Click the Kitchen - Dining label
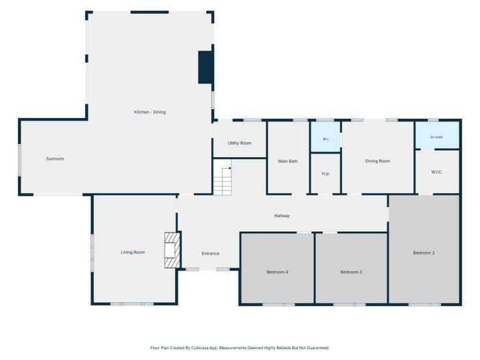tap(150, 112)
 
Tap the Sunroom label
tap(55, 158)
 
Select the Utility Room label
tap(240, 143)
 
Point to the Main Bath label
tap(288, 161)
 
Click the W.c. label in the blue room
tap(326, 139)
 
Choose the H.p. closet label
tap(326, 173)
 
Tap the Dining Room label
tap(378, 161)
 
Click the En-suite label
tap(437, 137)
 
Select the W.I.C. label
tap(437, 172)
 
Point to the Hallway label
tap(282, 216)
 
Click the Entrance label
tap(211, 254)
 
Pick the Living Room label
tap(133, 252)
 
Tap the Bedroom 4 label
tap(277, 272)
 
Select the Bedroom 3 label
tap(351, 272)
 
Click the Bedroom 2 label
tap(424, 253)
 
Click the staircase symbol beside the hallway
tap(223, 181)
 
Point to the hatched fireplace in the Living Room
tap(172, 250)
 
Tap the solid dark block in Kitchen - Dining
tap(206, 67)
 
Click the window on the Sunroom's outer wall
tap(20, 160)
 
